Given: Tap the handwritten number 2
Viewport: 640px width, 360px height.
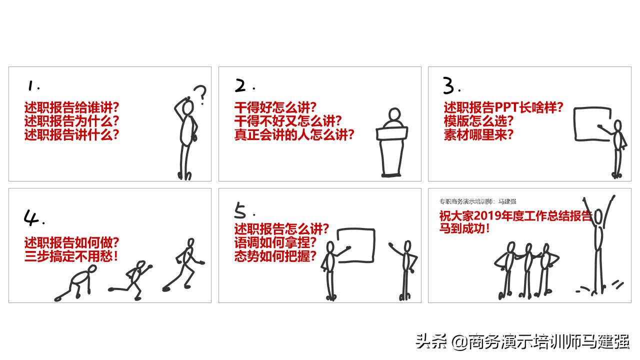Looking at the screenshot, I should click(241, 86).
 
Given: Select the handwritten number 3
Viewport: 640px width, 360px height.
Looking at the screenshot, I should click(449, 87).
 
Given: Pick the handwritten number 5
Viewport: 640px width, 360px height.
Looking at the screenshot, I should click(241, 212).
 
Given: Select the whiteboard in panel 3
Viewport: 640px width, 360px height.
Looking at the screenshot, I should click(593, 124).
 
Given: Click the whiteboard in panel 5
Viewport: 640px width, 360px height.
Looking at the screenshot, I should click(356, 245).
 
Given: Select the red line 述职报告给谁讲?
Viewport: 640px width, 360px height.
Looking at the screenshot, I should click(72, 107).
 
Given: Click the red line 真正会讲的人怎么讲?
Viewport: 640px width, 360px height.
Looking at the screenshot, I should click(294, 134).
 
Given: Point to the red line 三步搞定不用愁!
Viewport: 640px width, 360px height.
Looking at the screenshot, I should click(72, 257).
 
